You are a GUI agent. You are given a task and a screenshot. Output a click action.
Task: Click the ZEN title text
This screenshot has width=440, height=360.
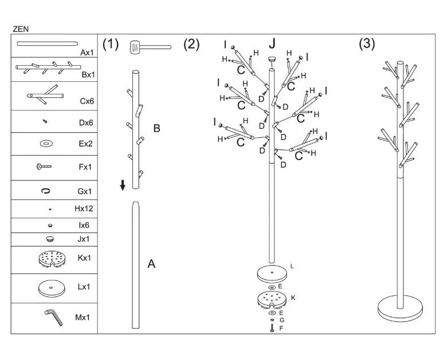21,28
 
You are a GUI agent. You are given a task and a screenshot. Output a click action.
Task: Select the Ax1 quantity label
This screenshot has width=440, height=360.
87,52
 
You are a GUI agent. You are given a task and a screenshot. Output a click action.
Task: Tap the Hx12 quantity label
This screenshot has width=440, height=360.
84,209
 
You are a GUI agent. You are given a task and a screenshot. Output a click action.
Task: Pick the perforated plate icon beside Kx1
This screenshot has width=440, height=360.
50,259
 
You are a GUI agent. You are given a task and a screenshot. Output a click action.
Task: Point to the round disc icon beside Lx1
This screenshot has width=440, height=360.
50,287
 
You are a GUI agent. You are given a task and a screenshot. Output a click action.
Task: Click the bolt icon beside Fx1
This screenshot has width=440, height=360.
44,167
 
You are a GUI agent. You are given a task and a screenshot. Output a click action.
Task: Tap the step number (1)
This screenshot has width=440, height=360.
110,45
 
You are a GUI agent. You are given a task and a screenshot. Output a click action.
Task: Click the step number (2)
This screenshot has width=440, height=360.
191,45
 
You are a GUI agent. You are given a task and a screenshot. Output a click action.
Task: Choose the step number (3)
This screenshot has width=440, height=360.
366,45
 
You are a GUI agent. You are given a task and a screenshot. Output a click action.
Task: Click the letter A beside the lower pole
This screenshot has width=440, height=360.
151,264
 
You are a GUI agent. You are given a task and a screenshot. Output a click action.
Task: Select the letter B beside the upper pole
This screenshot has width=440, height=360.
156,128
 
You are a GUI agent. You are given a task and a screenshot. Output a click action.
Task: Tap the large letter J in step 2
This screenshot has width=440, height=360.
272,44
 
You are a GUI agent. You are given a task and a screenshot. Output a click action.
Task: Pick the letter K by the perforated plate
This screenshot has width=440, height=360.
293,298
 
